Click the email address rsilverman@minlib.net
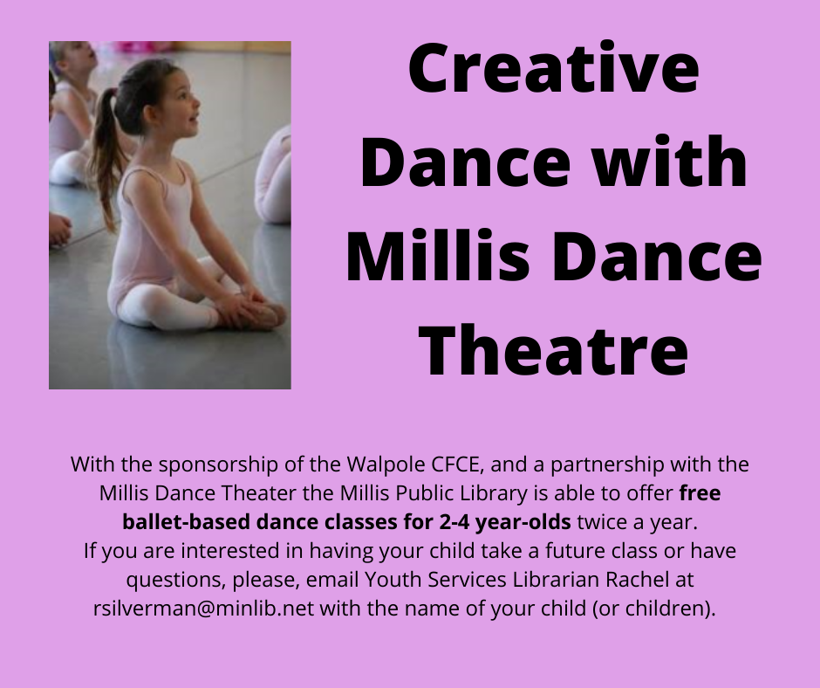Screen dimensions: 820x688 point(204,609)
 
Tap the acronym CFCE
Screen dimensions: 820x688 point(455,464)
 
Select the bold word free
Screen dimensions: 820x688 point(700,492)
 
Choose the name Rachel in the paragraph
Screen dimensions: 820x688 point(637,580)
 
